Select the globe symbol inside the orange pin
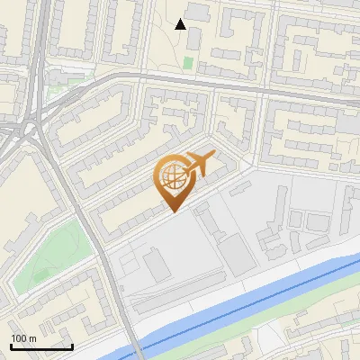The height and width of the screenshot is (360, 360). pos(172,179)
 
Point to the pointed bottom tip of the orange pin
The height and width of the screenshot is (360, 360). pos(172,211)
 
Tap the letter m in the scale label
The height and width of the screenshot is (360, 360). pos(32,338)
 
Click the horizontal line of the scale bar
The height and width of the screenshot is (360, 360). pos(40,346)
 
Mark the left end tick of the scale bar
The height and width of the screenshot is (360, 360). pos(11,345)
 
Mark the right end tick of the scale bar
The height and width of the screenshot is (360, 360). pos(71,345)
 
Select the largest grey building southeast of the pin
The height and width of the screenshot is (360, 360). pos(238,254)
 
